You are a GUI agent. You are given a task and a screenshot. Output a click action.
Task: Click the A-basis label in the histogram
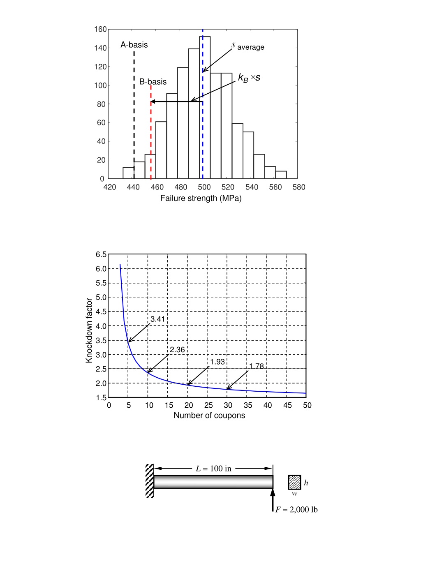(x=134, y=45)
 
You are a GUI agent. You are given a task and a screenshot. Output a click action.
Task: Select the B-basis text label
(x=153, y=82)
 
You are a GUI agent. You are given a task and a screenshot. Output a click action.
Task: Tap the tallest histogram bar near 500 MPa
(x=205, y=107)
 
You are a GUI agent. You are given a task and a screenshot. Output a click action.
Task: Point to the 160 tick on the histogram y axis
(x=100, y=29)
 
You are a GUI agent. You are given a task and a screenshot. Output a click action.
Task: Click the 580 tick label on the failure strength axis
(x=299, y=187)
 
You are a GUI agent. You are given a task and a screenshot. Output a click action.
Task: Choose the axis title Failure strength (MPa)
(x=201, y=198)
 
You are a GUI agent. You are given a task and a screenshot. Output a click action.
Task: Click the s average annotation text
(x=248, y=46)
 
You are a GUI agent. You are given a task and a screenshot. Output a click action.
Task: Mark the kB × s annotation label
(x=249, y=77)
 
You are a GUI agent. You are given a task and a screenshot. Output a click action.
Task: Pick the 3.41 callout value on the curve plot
(x=157, y=319)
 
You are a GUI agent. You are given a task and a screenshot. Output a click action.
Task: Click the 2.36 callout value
(x=177, y=350)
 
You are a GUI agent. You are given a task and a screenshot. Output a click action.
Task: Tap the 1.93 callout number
(x=217, y=362)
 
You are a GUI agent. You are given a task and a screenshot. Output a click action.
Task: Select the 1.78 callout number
(x=256, y=366)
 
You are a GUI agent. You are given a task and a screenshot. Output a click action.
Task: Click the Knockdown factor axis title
(x=89, y=330)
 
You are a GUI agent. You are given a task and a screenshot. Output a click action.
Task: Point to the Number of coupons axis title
(x=209, y=416)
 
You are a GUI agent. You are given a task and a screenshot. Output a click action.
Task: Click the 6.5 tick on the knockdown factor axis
(x=101, y=254)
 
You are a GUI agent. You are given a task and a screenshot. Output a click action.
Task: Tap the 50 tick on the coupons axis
(x=307, y=405)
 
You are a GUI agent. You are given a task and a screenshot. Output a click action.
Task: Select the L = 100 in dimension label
(x=213, y=469)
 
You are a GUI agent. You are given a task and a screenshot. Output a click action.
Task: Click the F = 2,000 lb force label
(x=296, y=510)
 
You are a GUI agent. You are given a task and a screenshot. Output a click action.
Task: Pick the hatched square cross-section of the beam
(x=294, y=482)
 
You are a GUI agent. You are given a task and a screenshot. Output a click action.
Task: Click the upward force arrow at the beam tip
(x=273, y=500)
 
